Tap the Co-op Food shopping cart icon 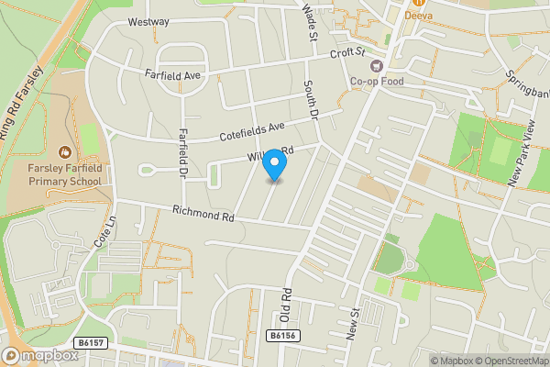(x=375, y=65)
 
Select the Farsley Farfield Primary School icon (x=64, y=152)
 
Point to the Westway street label (x=148, y=21)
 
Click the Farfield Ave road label (x=171, y=76)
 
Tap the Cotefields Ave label (x=252, y=131)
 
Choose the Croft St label (x=347, y=54)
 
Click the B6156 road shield (x=282, y=337)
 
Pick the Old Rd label (x=286, y=306)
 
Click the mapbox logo (x=39, y=354)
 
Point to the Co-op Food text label (x=376, y=81)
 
